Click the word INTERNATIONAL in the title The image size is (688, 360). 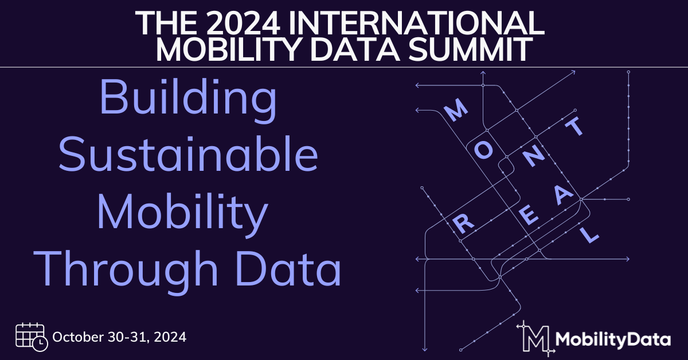[416, 24]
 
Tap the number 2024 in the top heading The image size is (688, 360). [243, 24]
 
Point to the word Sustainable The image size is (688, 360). [188, 153]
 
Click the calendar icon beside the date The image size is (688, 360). [32, 337]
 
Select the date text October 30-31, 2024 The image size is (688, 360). [119, 337]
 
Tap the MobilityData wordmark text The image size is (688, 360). [613, 340]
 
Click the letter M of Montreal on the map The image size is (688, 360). [456, 109]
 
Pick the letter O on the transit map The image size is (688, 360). [484, 151]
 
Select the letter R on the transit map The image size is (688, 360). [463, 224]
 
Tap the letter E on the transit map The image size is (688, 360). [529, 216]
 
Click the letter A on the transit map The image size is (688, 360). [563, 195]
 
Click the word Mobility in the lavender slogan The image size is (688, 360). [182, 213]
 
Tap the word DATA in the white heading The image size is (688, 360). [355, 49]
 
